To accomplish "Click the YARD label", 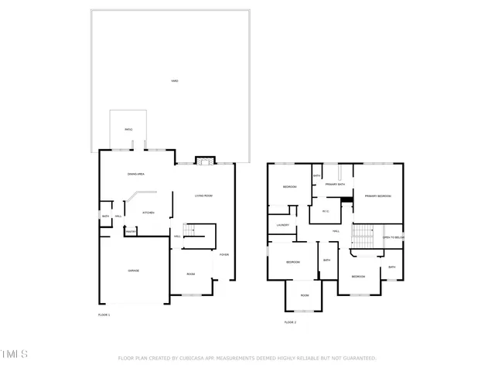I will pos(174,80).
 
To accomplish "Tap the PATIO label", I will pos(128,129).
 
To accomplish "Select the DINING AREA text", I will pos(138,174).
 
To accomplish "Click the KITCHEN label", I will pos(148,213).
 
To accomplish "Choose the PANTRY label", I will pos(131,231).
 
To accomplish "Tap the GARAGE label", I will pos(133,271).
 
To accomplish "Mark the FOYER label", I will pos(224,254).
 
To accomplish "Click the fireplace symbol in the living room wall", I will pos(203,161).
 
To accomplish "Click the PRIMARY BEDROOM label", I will pos(378,196).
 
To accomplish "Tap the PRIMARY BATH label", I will pos(335,185).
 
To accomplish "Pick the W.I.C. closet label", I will pos(326,211).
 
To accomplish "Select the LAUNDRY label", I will pos(282,225).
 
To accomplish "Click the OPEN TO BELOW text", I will pos(393,237).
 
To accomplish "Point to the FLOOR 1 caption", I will pos(104,315).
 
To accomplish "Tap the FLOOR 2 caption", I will pos(290,322).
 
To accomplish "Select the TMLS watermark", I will pos(15,354).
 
